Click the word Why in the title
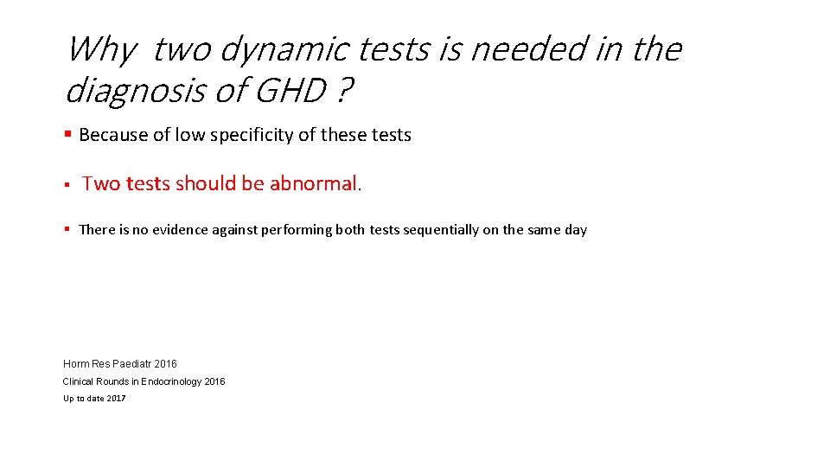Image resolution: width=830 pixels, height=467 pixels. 99,50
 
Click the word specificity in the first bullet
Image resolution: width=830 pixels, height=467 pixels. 260,135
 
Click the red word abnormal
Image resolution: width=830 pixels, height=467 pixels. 313,183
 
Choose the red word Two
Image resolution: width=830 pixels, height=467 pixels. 101,183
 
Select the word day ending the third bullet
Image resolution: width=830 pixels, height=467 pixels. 576,230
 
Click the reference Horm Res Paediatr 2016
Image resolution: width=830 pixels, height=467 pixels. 119,364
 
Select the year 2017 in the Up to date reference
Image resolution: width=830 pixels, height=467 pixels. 115,399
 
